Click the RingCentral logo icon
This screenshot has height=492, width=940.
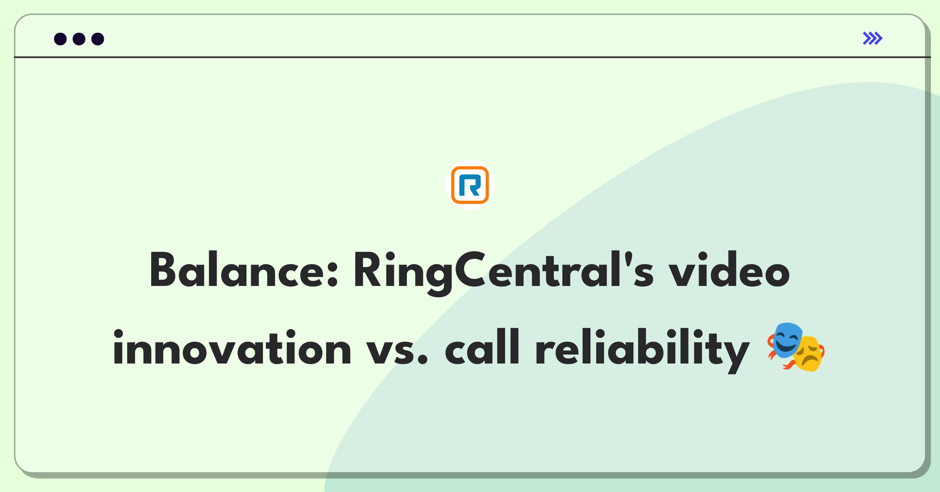(x=470, y=185)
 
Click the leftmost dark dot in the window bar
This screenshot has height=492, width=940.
(x=60, y=39)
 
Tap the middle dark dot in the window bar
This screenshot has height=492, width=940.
(x=79, y=39)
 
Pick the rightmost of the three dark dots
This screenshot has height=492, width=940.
(x=98, y=39)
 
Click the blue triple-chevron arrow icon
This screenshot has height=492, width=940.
(x=873, y=38)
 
